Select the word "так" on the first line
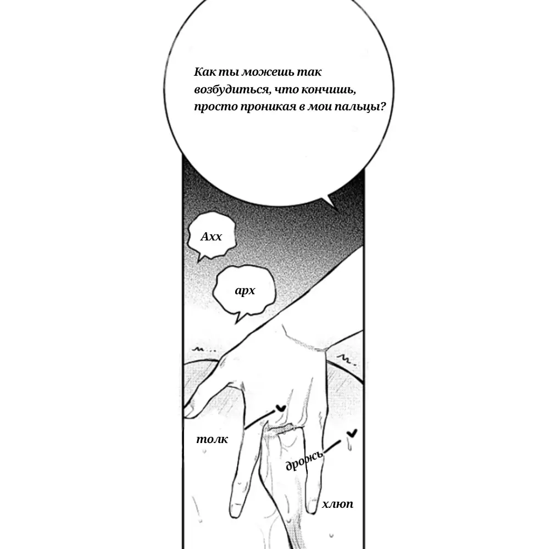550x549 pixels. [x=309, y=72]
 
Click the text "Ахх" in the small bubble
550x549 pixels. [x=211, y=237]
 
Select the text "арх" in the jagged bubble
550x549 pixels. [x=245, y=290]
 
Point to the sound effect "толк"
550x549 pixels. [x=212, y=439]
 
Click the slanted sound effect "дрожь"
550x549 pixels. [x=304, y=460]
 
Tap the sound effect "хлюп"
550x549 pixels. [x=337, y=504]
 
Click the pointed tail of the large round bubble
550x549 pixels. [x=337, y=210]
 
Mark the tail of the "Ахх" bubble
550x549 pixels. [x=199, y=261]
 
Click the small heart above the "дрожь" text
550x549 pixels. [x=352, y=433]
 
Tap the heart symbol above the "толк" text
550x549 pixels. [x=280, y=408]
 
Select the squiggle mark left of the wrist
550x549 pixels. [x=204, y=349]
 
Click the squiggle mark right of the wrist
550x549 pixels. [x=346, y=360]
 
